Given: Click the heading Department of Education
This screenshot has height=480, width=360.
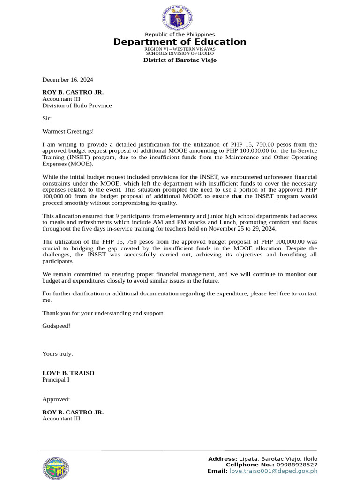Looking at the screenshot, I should pos(180,42).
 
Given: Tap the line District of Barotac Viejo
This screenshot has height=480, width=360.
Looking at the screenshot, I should pos(180,60).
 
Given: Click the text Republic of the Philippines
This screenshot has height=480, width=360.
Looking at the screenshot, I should pos(180,34).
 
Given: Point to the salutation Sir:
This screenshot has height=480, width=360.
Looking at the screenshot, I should pos(47,119).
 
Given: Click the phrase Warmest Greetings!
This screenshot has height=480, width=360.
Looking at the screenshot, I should pos(68,132).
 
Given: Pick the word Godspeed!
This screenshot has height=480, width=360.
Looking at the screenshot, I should pos(56,326).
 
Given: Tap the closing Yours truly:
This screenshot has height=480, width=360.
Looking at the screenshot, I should pos(58,353).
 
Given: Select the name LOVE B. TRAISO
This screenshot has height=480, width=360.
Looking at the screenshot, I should pos(68,373).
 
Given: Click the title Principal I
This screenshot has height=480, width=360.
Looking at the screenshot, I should pos(56,380).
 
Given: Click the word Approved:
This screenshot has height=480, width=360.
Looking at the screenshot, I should pos(56,399).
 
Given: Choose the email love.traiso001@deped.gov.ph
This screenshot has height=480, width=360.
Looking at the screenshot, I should pos(273,471).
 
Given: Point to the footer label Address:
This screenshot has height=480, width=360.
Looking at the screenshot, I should pos(222,458).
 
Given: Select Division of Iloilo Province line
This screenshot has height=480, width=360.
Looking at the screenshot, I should pos(77,105).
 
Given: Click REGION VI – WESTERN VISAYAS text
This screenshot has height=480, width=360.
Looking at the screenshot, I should pos(180,49).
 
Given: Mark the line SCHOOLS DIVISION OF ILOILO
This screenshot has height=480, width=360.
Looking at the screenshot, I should pos(180,54).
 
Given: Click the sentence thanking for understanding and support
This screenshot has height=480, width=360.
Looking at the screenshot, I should pos(103,313).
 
